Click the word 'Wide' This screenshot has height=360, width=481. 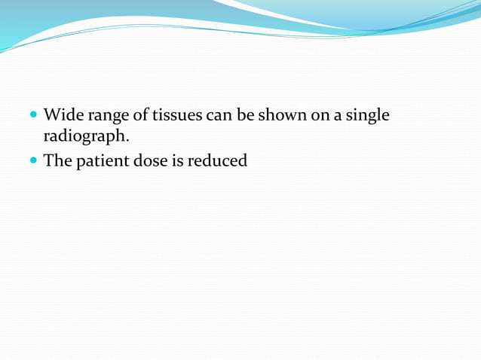62,116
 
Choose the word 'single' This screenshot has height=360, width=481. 366,117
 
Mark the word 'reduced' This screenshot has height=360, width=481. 220,160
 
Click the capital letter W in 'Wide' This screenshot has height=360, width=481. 51,116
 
